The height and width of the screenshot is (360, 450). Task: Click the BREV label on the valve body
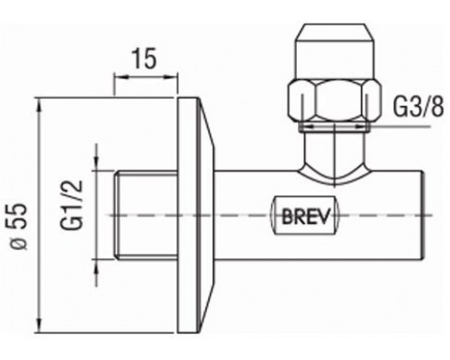coord(306,215)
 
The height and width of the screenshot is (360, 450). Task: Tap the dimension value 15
coord(145,58)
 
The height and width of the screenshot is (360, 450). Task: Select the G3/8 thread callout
coord(418,107)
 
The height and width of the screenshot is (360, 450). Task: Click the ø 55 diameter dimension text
coord(20,227)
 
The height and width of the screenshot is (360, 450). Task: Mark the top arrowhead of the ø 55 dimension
coord(38,104)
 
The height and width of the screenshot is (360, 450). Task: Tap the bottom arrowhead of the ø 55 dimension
coord(38,325)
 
